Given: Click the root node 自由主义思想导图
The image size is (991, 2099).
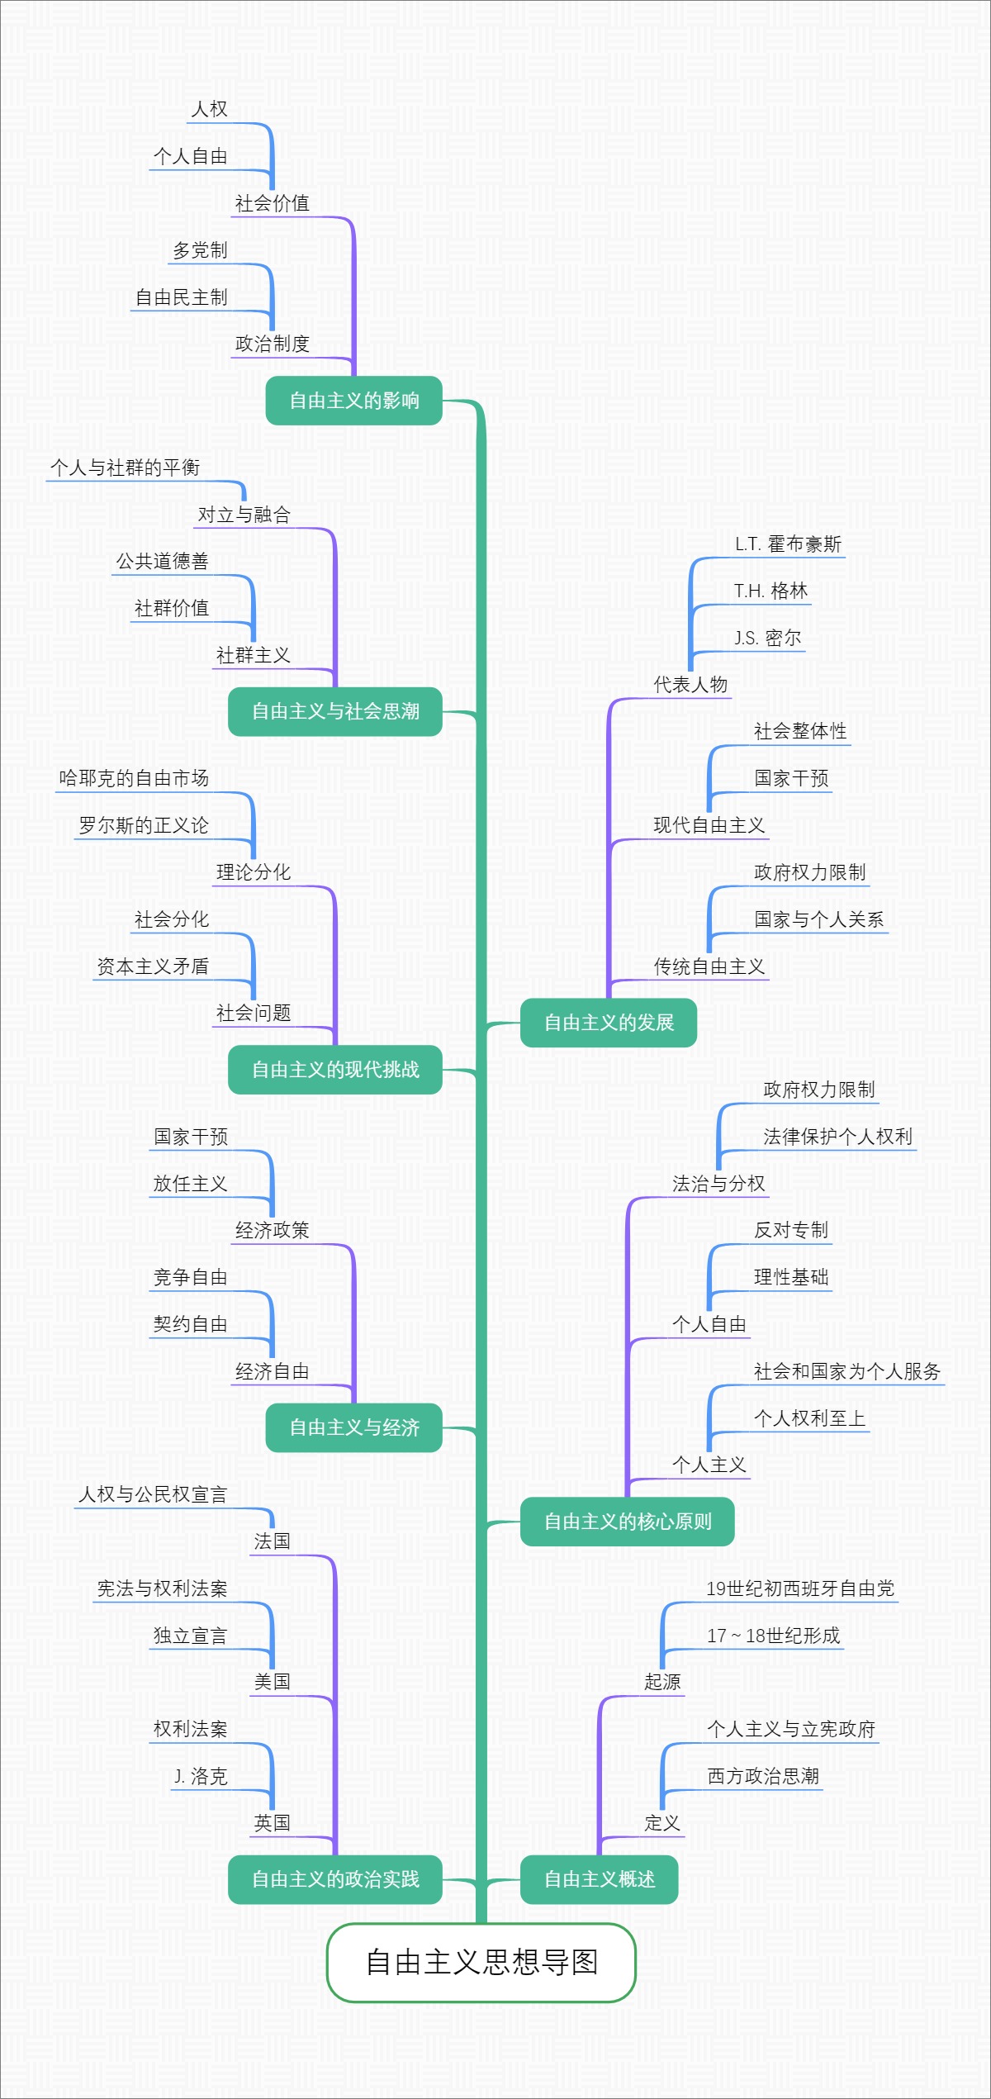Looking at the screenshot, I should click(481, 1962).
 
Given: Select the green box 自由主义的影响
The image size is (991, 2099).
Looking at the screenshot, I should click(353, 401).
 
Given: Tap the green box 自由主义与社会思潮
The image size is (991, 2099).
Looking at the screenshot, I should click(335, 711).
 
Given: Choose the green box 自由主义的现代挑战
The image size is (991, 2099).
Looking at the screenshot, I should click(335, 1070).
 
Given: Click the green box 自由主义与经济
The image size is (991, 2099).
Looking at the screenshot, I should click(353, 1427).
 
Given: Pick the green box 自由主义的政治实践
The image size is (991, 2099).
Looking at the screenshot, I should click(335, 1879).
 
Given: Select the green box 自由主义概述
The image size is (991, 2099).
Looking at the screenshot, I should click(599, 1879).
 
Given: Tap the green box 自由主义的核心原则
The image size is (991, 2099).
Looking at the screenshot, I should click(627, 1522).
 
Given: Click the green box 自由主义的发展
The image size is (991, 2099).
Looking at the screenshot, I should click(609, 1023).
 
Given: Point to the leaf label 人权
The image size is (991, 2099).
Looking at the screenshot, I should click(209, 109).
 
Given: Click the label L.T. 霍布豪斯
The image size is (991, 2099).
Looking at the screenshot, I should click(788, 544).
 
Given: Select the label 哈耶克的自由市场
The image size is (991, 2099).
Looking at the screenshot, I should click(134, 778).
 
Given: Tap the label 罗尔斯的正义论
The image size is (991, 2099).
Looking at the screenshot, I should click(144, 825).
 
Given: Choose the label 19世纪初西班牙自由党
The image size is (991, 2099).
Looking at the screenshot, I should click(800, 1588).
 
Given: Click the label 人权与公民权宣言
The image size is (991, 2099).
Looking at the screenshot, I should click(153, 1494).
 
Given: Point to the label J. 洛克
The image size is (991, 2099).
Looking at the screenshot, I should click(201, 1776).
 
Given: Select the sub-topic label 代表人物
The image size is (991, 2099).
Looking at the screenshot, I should click(690, 684).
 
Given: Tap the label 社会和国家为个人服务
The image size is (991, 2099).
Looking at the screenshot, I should click(847, 1371).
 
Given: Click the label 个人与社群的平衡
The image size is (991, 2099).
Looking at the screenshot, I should click(125, 468).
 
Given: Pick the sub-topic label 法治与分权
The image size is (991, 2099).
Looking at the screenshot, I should click(718, 1184).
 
